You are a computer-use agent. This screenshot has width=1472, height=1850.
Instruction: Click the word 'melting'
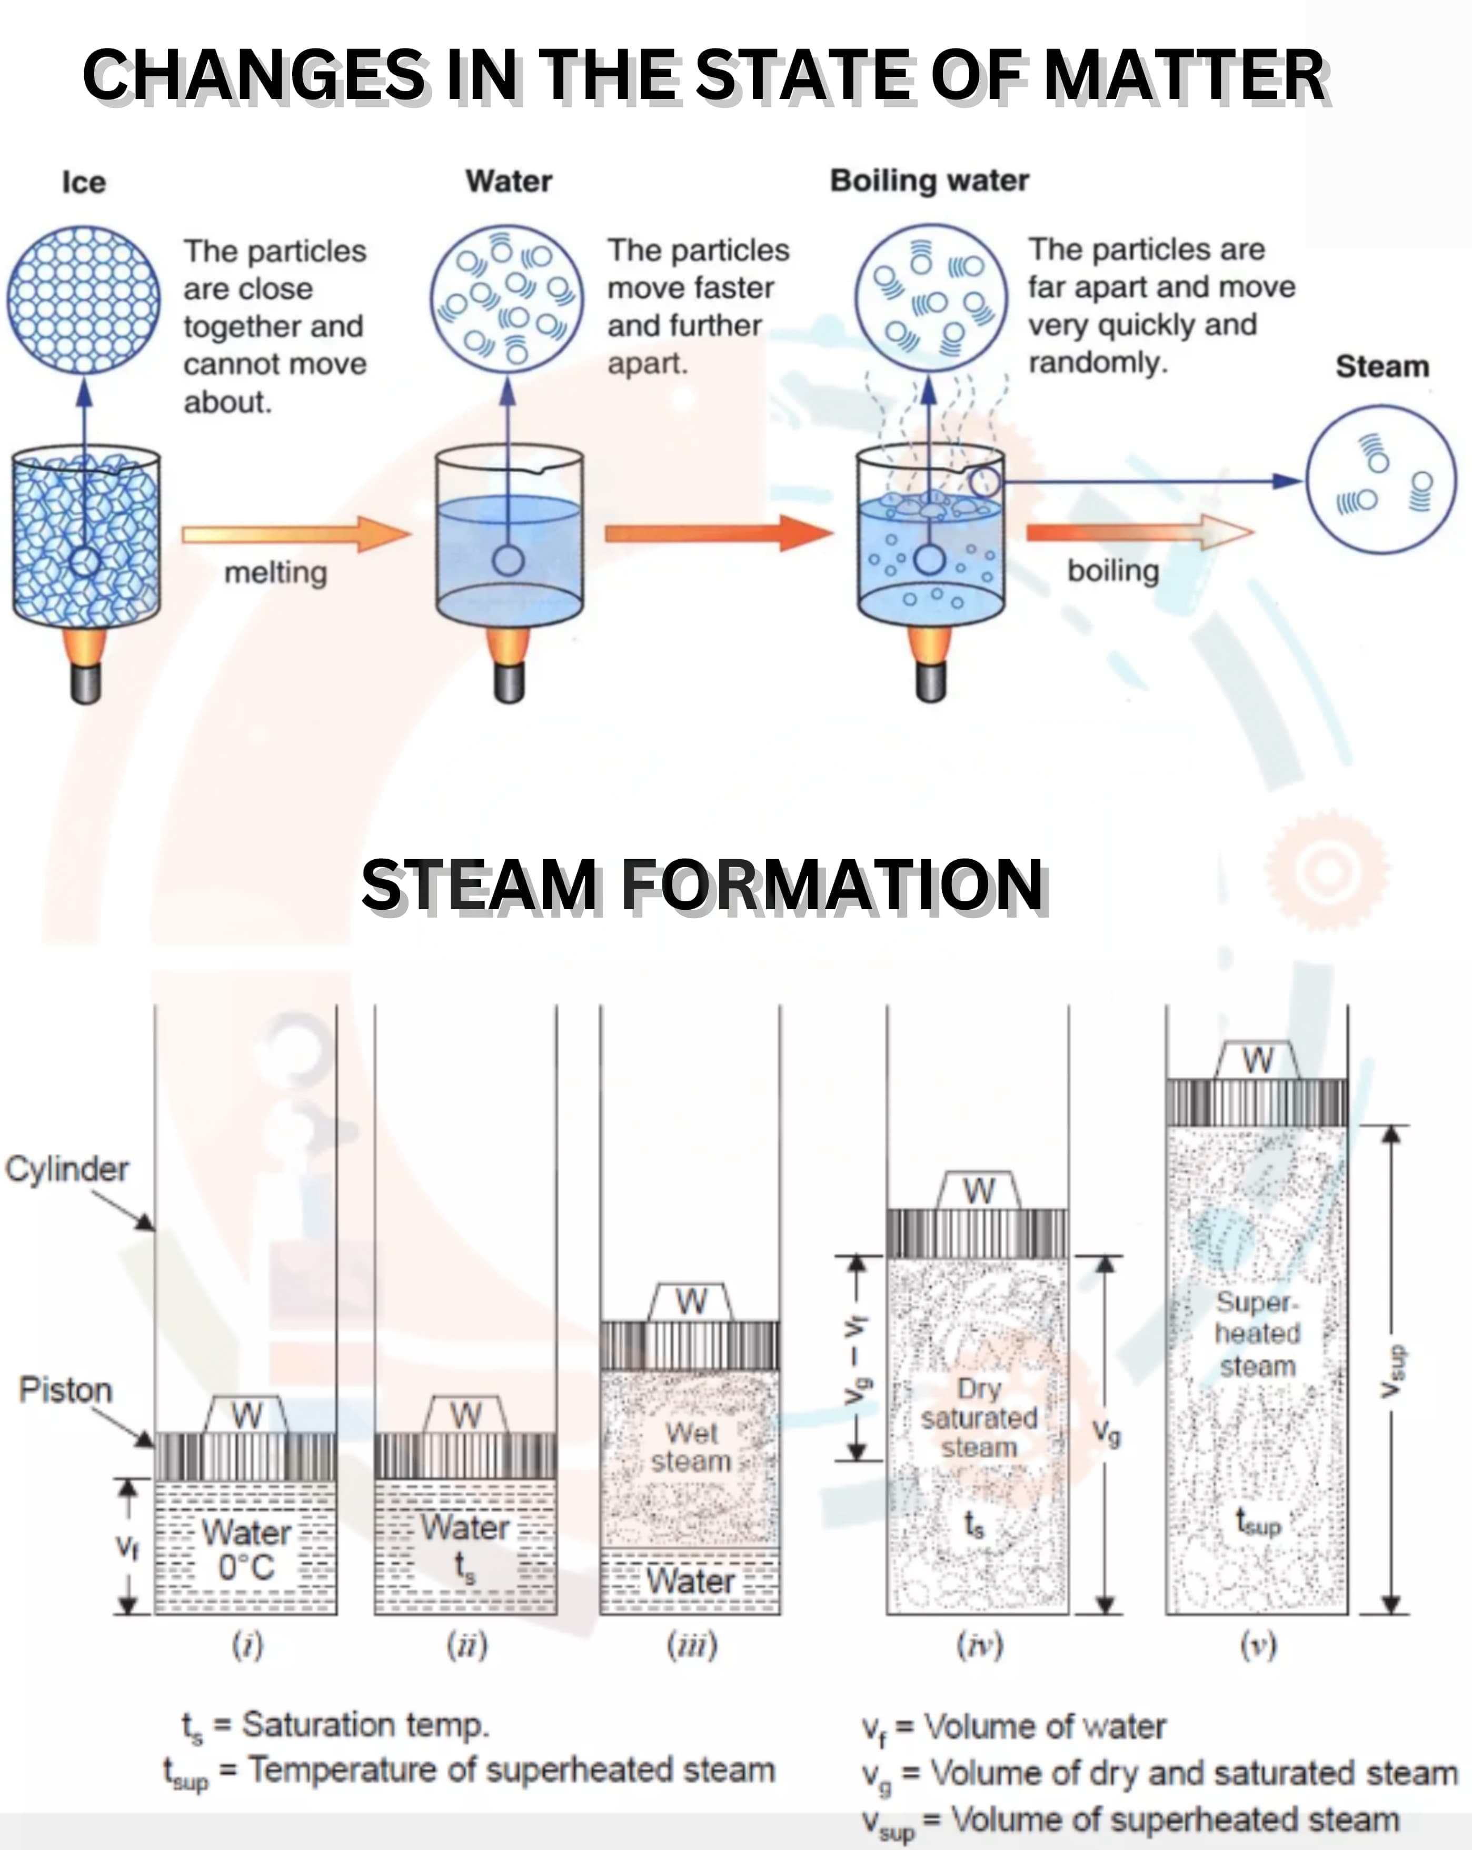[x=275, y=572]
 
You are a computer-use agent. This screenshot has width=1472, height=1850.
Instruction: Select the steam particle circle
[x=1381, y=481]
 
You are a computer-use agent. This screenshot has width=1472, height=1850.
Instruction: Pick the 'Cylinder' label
[x=67, y=1169]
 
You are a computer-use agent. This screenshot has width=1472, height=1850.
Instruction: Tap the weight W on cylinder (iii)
[x=691, y=1302]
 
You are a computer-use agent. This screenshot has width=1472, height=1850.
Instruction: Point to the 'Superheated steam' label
[x=1257, y=1334]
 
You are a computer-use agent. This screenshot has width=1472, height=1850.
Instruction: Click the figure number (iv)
[x=979, y=1645]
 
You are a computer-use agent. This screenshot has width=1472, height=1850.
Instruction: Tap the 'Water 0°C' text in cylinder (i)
[x=246, y=1550]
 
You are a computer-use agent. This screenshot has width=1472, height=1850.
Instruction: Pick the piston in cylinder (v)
[x=1257, y=1102]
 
